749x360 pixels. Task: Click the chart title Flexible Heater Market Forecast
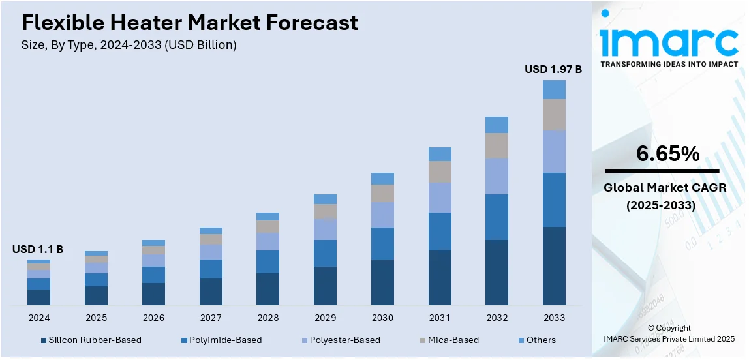pyautogui.click(x=190, y=23)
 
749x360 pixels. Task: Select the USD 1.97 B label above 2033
pyautogui.click(x=553, y=68)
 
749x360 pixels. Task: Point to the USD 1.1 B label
pyautogui.click(x=38, y=249)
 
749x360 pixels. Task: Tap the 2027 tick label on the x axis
pyautogui.click(x=211, y=318)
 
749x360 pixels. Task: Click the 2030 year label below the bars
pyautogui.click(x=382, y=318)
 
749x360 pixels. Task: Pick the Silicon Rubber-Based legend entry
pyautogui.click(x=91, y=340)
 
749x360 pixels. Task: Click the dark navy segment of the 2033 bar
pyautogui.click(x=554, y=265)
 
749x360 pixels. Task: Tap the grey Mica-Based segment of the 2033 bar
pyautogui.click(x=554, y=115)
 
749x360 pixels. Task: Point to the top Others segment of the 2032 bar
pyautogui.click(x=497, y=125)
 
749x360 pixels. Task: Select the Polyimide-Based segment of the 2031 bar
pyautogui.click(x=440, y=232)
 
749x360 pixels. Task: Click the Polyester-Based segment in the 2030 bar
pyautogui.click(x=382, y=215)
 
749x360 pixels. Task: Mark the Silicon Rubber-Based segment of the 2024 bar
pyautogui.click(x=38, y=297)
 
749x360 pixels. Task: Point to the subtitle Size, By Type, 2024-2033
pyautogui.click(x=129, y=45)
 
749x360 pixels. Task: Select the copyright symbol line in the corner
pyautogui.click(x=669, y=328)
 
